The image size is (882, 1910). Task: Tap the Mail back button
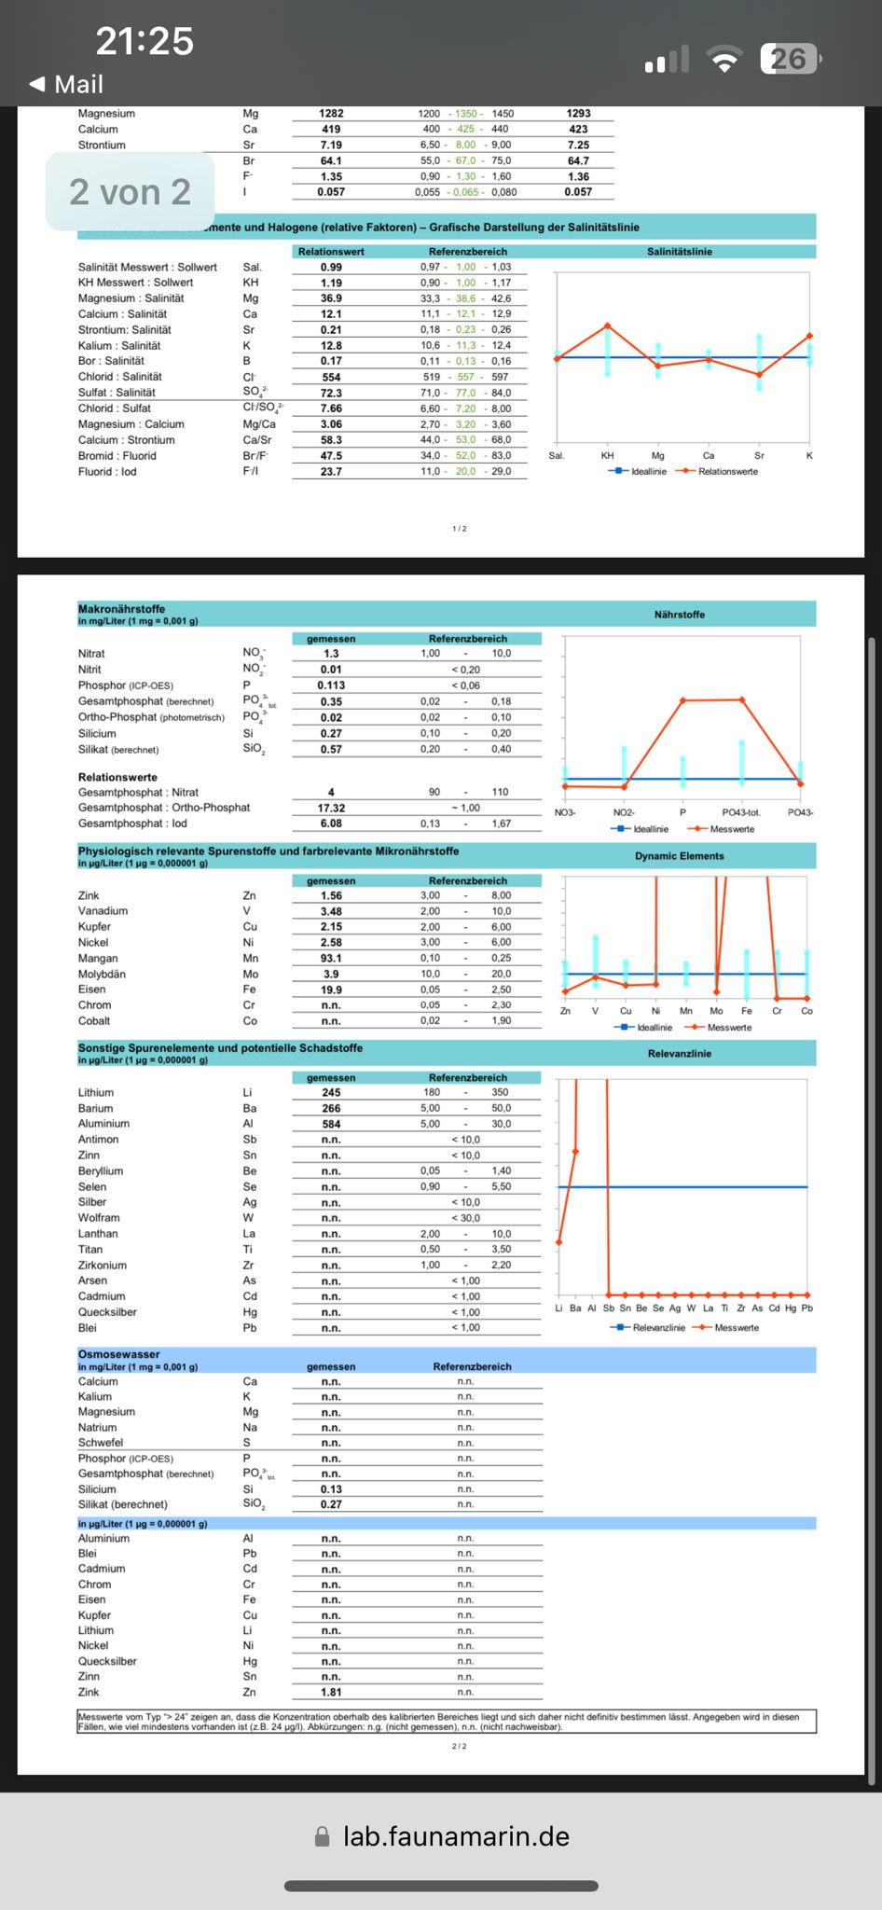click(66, 85)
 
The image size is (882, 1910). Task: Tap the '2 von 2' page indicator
click(130, 192)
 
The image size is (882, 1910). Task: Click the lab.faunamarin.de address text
click(456, 1836)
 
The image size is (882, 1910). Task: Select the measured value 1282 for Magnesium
click(331, 114)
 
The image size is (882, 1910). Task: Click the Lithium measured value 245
click(331, 1092)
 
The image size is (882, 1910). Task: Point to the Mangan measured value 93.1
click(331, 958)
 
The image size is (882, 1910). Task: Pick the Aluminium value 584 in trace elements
click(331, 1124)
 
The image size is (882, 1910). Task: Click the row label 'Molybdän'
click(102, 974)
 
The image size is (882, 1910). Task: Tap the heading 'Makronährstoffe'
click(121, 608)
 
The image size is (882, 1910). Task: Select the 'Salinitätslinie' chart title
click(679, 252)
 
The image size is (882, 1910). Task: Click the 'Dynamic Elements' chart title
click(679, 856)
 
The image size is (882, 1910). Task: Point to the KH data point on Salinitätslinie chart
click(608, 325)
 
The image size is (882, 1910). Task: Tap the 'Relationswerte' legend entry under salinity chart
click(727, 472)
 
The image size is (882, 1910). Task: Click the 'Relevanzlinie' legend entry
click(658, 1327)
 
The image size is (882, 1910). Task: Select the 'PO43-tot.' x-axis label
click(740, 812)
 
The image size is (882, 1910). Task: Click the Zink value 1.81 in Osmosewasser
click(331, 1692)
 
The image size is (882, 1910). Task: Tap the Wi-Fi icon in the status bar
click(724, 60)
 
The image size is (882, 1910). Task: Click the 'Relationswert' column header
click(331, 252)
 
